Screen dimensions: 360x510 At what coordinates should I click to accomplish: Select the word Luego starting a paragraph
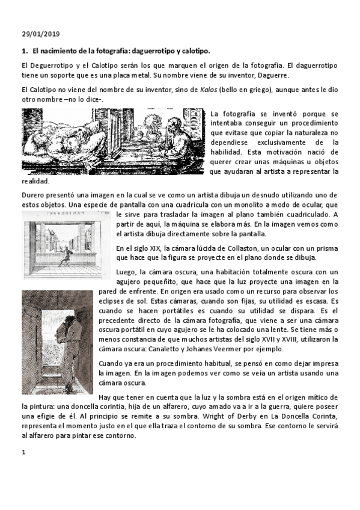(127, 272)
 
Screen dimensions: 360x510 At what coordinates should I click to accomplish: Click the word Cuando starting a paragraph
(112, 363)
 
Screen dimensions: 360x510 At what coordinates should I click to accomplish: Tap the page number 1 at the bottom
(23, 452)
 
